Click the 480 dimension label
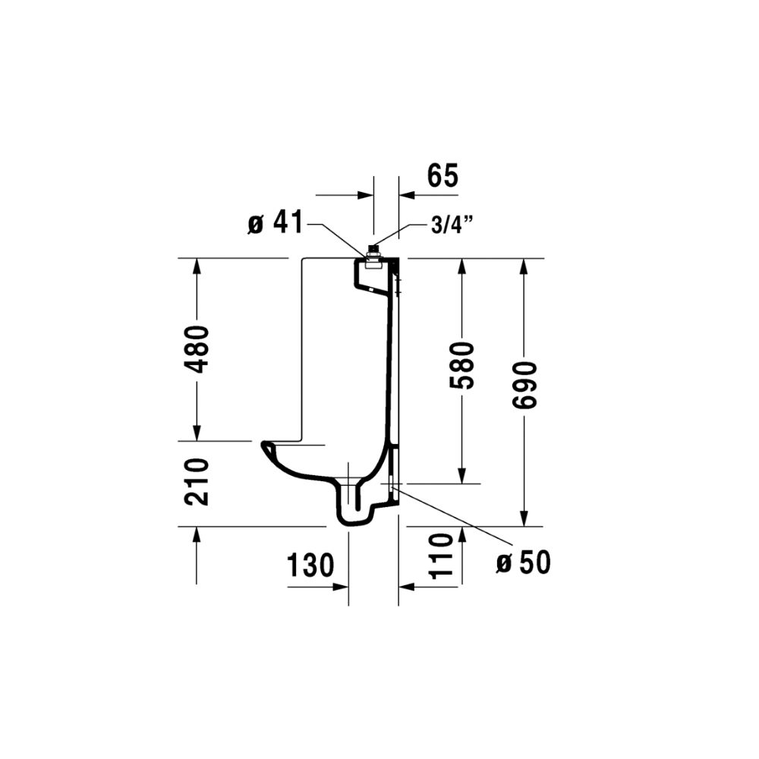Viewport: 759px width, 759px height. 198,349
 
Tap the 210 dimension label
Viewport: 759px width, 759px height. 197,482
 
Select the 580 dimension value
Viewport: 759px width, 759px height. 461,366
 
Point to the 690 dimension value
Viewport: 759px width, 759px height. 525,385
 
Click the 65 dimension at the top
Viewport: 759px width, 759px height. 442,176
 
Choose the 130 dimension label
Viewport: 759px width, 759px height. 310,565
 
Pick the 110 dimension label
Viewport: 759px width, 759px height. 441,556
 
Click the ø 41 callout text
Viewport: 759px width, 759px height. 276,222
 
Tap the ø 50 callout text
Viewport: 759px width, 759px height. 524,562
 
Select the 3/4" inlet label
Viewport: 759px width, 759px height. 452,226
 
